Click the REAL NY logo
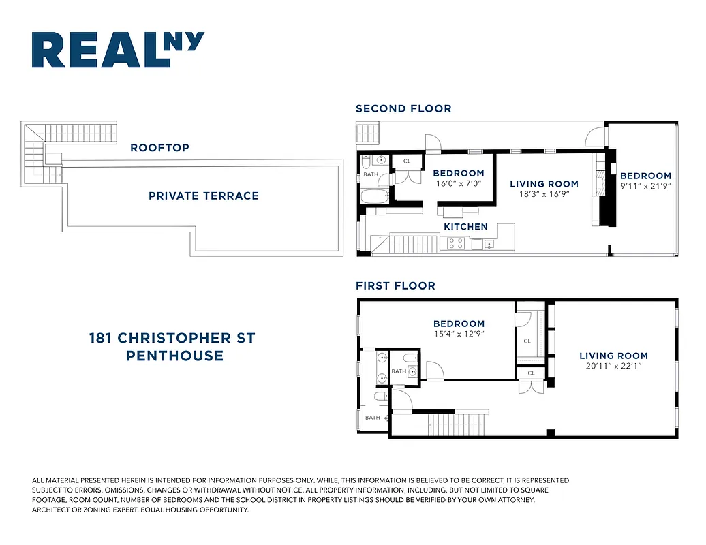(118, 50)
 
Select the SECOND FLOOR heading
(403, 108)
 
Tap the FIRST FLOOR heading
(395, 285)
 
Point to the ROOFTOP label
(159, 147)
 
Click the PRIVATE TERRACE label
(204, 196)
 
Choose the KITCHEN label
(465, 226)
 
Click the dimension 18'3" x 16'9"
(544, 193)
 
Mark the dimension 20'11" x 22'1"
(613, 366)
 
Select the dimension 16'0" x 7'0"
(459, 183)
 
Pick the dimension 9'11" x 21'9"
(645, 185)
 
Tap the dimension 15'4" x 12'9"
(459, 334)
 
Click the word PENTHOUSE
(174, 356)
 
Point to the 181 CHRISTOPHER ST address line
(172, 338)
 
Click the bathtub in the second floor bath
(373, 197)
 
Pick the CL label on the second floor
(407, 161)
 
